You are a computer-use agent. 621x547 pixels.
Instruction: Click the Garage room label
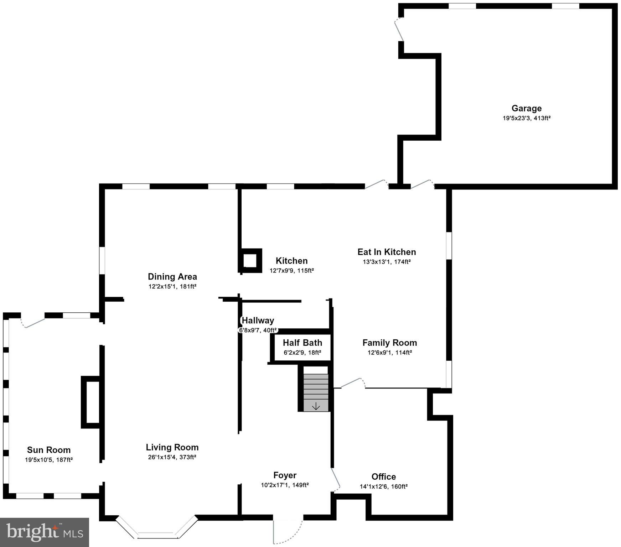[526, 109]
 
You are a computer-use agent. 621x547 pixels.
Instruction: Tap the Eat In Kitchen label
[387, 252]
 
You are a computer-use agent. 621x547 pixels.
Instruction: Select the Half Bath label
[302, 343]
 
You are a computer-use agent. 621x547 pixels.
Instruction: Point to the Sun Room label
[49, 450]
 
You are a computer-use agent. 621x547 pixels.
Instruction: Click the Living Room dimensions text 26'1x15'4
[172, 457]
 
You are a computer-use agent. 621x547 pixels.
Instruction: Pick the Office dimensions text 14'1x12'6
[383, 486]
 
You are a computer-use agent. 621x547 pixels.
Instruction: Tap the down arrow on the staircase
[316, 406]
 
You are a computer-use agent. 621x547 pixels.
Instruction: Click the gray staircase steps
[316, 388]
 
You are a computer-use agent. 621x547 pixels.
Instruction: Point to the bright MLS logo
[44, 532]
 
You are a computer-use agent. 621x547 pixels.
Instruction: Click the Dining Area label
[172, 277]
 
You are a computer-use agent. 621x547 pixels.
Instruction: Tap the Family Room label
[389, 343]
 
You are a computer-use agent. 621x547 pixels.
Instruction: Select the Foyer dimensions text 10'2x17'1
[285, 485]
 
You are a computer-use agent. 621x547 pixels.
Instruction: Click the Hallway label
[258, 321]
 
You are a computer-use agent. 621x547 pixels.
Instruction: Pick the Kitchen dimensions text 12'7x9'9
[291, 271]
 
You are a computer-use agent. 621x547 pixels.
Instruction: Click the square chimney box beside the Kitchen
[250, 260]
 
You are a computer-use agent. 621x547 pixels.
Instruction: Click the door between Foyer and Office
[336, 479]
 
